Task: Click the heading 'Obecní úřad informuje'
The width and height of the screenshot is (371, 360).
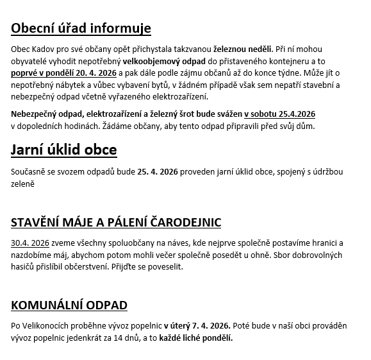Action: point(81,28)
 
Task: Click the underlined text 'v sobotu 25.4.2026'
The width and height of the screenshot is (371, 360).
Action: point(279,114)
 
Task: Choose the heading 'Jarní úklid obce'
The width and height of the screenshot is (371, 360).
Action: point(64,150)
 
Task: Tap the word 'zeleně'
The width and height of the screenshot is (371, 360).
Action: point(22,184)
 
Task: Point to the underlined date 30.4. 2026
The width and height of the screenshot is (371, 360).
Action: point(30,243)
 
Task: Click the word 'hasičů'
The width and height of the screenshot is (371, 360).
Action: point(24,267)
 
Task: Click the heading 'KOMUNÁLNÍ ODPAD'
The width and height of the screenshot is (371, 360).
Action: point(69,305)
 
